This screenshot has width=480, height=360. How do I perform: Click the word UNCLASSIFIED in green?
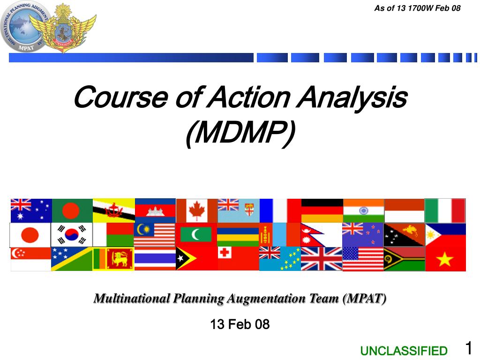(x=404, y=351)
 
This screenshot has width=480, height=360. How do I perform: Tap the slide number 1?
(x=468, y=348)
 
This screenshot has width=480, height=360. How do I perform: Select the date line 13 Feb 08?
(x=240, y=324)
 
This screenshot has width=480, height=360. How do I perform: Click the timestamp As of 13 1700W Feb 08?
(x=417, y=7)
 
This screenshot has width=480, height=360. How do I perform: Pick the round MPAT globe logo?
(x=22, y=27)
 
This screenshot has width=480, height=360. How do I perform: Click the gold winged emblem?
(x=63, y=28)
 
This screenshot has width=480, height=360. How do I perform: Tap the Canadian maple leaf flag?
(x=196, y=210)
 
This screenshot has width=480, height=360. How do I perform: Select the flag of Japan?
(x=30, y=235)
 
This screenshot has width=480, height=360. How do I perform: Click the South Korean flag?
(x=72, y=235)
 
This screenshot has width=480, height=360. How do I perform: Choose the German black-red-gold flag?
(x=322, y=210)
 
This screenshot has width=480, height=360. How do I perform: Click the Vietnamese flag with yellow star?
(x=445, y=259)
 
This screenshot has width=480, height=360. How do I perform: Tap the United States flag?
(x=363, y=259)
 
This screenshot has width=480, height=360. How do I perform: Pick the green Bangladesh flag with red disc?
(x=72, y=210)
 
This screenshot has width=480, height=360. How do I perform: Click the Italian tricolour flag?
(x=445, y=210)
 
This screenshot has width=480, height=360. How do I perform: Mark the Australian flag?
(x=31, y=210)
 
